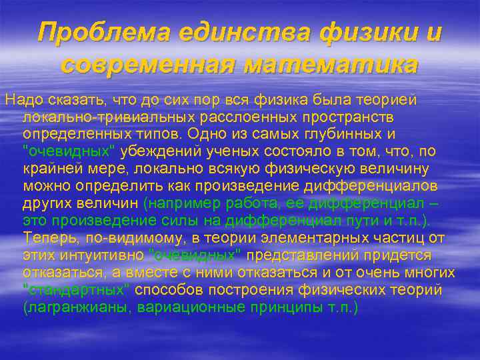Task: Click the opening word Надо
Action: pos(20,100)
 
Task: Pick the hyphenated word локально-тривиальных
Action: pos(99,117)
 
